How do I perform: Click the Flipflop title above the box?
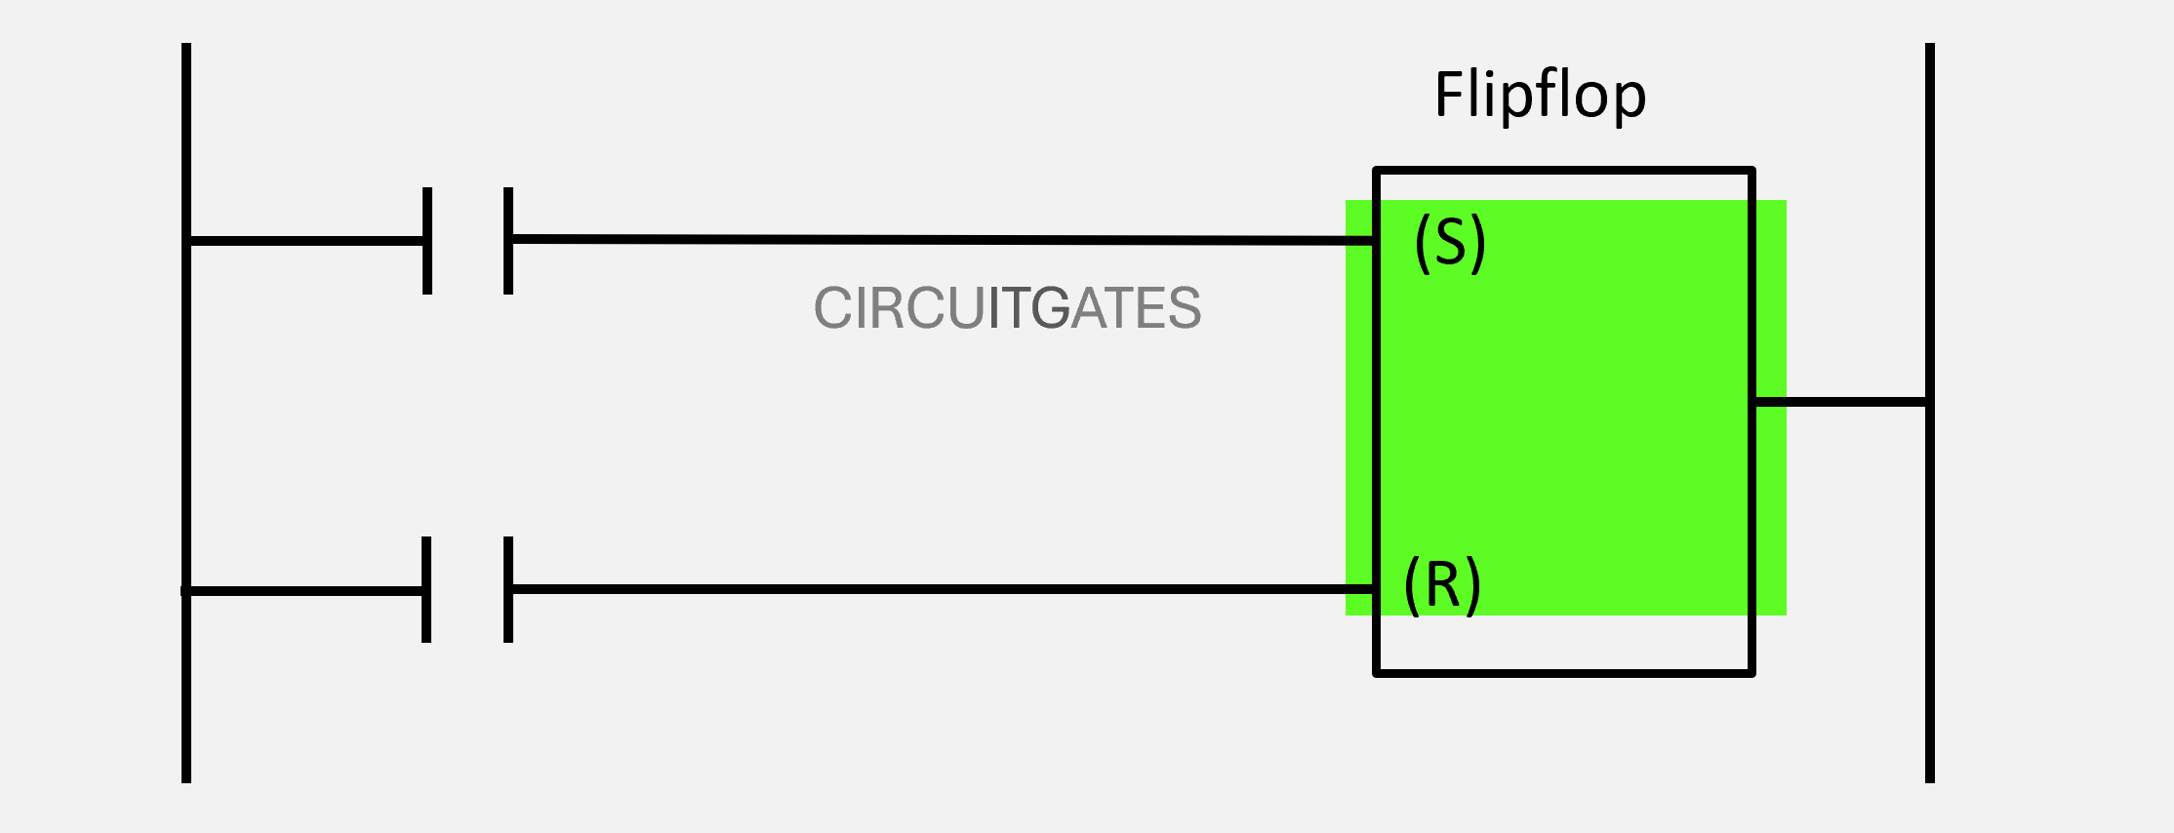click(1540, 96)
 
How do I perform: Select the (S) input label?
click(1450, 242)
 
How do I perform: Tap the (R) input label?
click(1442, 585)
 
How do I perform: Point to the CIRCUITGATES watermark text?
click(1007, 308)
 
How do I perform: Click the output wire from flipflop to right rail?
click(1840, 401)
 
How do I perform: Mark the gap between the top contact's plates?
click(468, 241)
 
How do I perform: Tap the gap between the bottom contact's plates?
click(467, 589)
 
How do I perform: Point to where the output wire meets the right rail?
click(1928, 401)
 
